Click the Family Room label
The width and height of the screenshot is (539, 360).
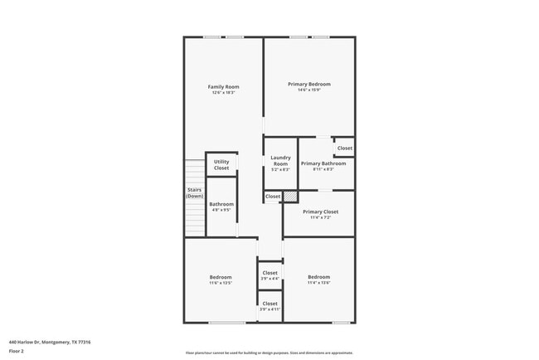tap(223, 87)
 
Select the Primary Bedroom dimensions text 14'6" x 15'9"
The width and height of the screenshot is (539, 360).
tap(308, 90)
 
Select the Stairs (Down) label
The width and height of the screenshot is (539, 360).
tap(194, 192)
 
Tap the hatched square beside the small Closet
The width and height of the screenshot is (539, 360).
tap(290, 197)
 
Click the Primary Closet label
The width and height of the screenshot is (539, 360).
tap(320, 212)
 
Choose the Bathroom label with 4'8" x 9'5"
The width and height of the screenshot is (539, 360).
tap(221, 204)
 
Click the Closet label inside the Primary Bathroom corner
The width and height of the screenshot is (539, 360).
tap(344, 148)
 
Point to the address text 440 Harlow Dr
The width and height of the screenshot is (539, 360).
tap(50, 342)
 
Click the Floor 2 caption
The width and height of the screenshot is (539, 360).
tap(17, 351)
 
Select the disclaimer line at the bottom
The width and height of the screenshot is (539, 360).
tap(269, 353)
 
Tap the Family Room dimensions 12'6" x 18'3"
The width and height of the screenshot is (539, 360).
tap(223, 92)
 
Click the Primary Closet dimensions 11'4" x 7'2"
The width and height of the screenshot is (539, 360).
tap(320, 217)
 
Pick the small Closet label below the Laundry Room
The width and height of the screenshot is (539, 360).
tap(272, 197)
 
